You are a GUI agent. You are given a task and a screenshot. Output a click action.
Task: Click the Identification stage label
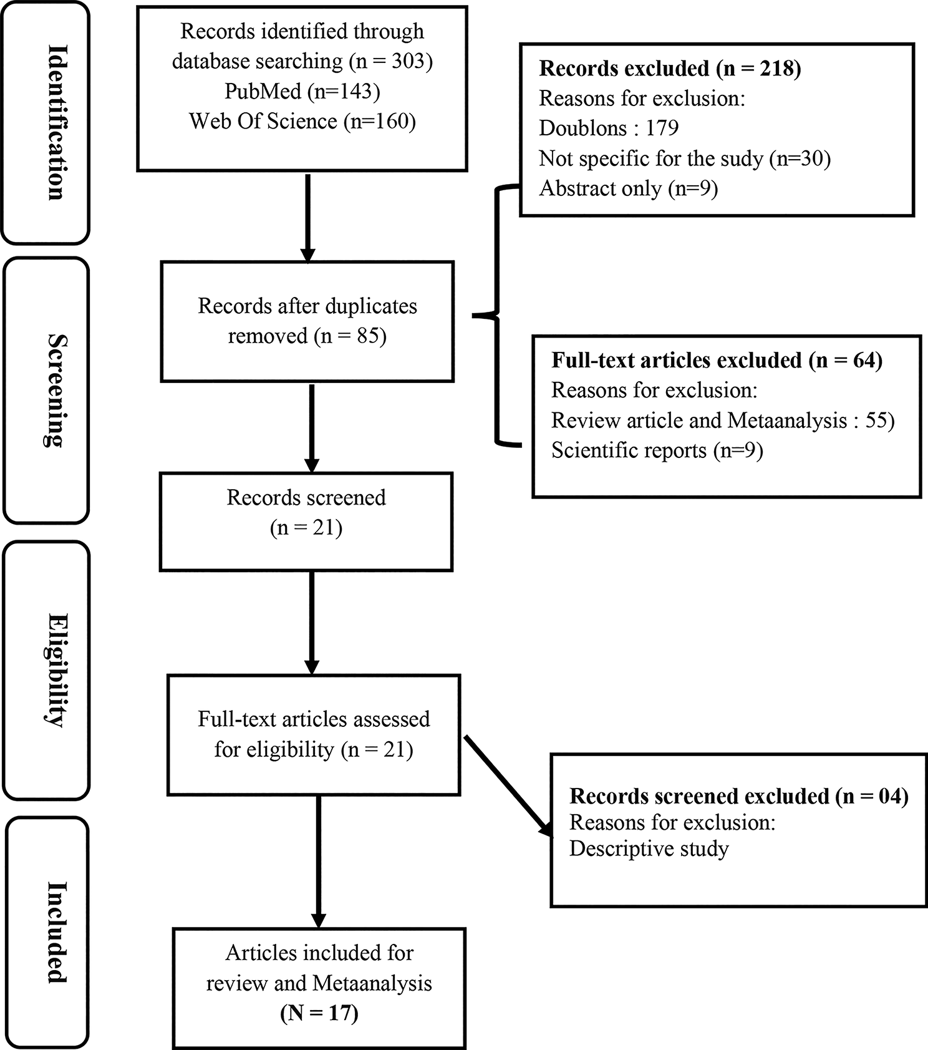pyautogui.click(x=56, y=122)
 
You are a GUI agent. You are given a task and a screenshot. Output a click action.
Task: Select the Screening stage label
pyautogui.click(x=56, y=391)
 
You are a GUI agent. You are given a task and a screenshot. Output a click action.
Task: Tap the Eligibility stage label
pyautogui.click(x=56, y=670)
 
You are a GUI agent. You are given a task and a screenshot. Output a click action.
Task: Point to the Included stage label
pyautogui.click(x=56, y=932)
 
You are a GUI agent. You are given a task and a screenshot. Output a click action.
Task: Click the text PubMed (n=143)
pyautogui.click(x=302, y=91)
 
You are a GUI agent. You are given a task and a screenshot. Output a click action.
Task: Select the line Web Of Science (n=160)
pyautogui.click(x=302, y=121)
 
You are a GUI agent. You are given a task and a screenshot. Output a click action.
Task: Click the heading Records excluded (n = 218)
pyautogui.click(x=669, y=68)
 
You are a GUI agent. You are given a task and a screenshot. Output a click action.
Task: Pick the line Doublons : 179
pyautogui.click(x=609, y=128)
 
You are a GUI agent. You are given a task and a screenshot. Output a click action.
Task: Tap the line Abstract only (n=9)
pyautogui.click(x=628, y=188)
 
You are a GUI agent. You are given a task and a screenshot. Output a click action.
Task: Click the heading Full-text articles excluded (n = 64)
pyautogui.click(x=717, y=360)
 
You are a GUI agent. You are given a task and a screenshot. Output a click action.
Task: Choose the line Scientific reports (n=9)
pyautogui.click(x=657, y=450)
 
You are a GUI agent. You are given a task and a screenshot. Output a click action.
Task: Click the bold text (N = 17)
pyautogui.click(x=319, y=1013)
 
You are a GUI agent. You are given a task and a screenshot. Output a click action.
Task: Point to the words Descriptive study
pyautogui.click(x=649, y=849)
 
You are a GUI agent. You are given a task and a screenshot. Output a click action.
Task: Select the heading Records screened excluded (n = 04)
pyautogui.click(x=738, y=796)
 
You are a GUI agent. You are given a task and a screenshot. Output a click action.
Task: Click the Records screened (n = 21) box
pyautogui.click(x=306, y=521)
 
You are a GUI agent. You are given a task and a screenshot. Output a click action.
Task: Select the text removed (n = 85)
pyautogui.click(x=307, y=336)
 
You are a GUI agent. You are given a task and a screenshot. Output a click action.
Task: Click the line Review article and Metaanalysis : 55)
pyautogui.click(x=722, y=420)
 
